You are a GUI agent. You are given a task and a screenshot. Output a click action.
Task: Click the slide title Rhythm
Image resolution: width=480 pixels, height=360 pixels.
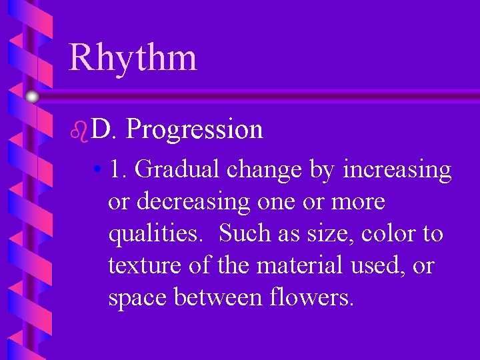133,57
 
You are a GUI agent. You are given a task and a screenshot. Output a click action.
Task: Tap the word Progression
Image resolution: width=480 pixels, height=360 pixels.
194,129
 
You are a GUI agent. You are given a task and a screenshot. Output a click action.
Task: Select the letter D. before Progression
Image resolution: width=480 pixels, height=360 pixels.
104,129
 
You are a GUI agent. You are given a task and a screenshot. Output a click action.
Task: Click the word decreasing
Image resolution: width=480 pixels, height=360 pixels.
189,201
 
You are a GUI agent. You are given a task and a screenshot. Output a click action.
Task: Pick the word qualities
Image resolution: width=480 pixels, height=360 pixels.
157,233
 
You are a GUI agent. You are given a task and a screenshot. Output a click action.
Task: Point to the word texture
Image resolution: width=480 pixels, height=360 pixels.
143,265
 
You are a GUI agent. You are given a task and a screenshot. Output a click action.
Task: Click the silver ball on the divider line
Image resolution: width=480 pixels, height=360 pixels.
32,97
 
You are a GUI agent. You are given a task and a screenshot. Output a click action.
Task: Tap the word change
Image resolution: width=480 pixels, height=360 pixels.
265,171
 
